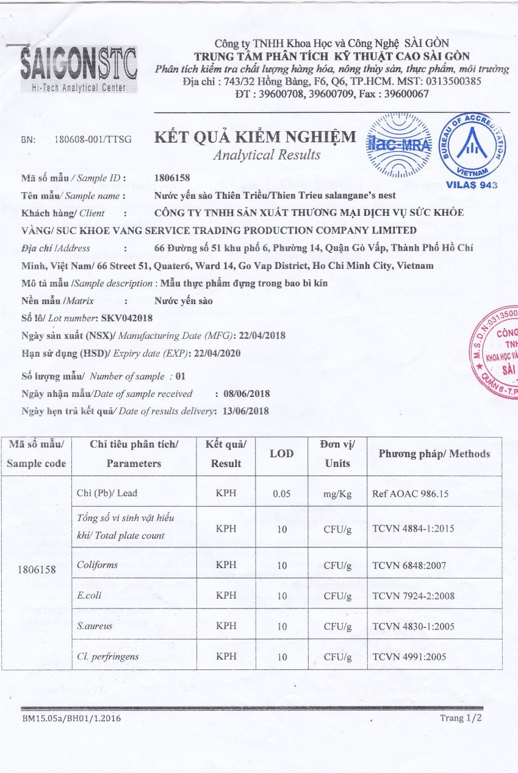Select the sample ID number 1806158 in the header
(x=173, y=179)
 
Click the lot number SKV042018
(x=126, y=318)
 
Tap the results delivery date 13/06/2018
(x=246, y=411)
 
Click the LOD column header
(x=281, y=454)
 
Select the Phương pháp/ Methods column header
(x=434, y=454)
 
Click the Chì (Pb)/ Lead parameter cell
(x=107, y=493)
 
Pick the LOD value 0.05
(x=281, y=494)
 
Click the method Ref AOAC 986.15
(x=410, y=494)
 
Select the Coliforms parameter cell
(x=98, y=565)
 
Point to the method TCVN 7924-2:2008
(x=413, y=596)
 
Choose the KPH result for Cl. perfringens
(x=226, y=657)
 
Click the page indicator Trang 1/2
(x=461, y=718)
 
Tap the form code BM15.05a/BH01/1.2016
(x=71, y=718)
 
